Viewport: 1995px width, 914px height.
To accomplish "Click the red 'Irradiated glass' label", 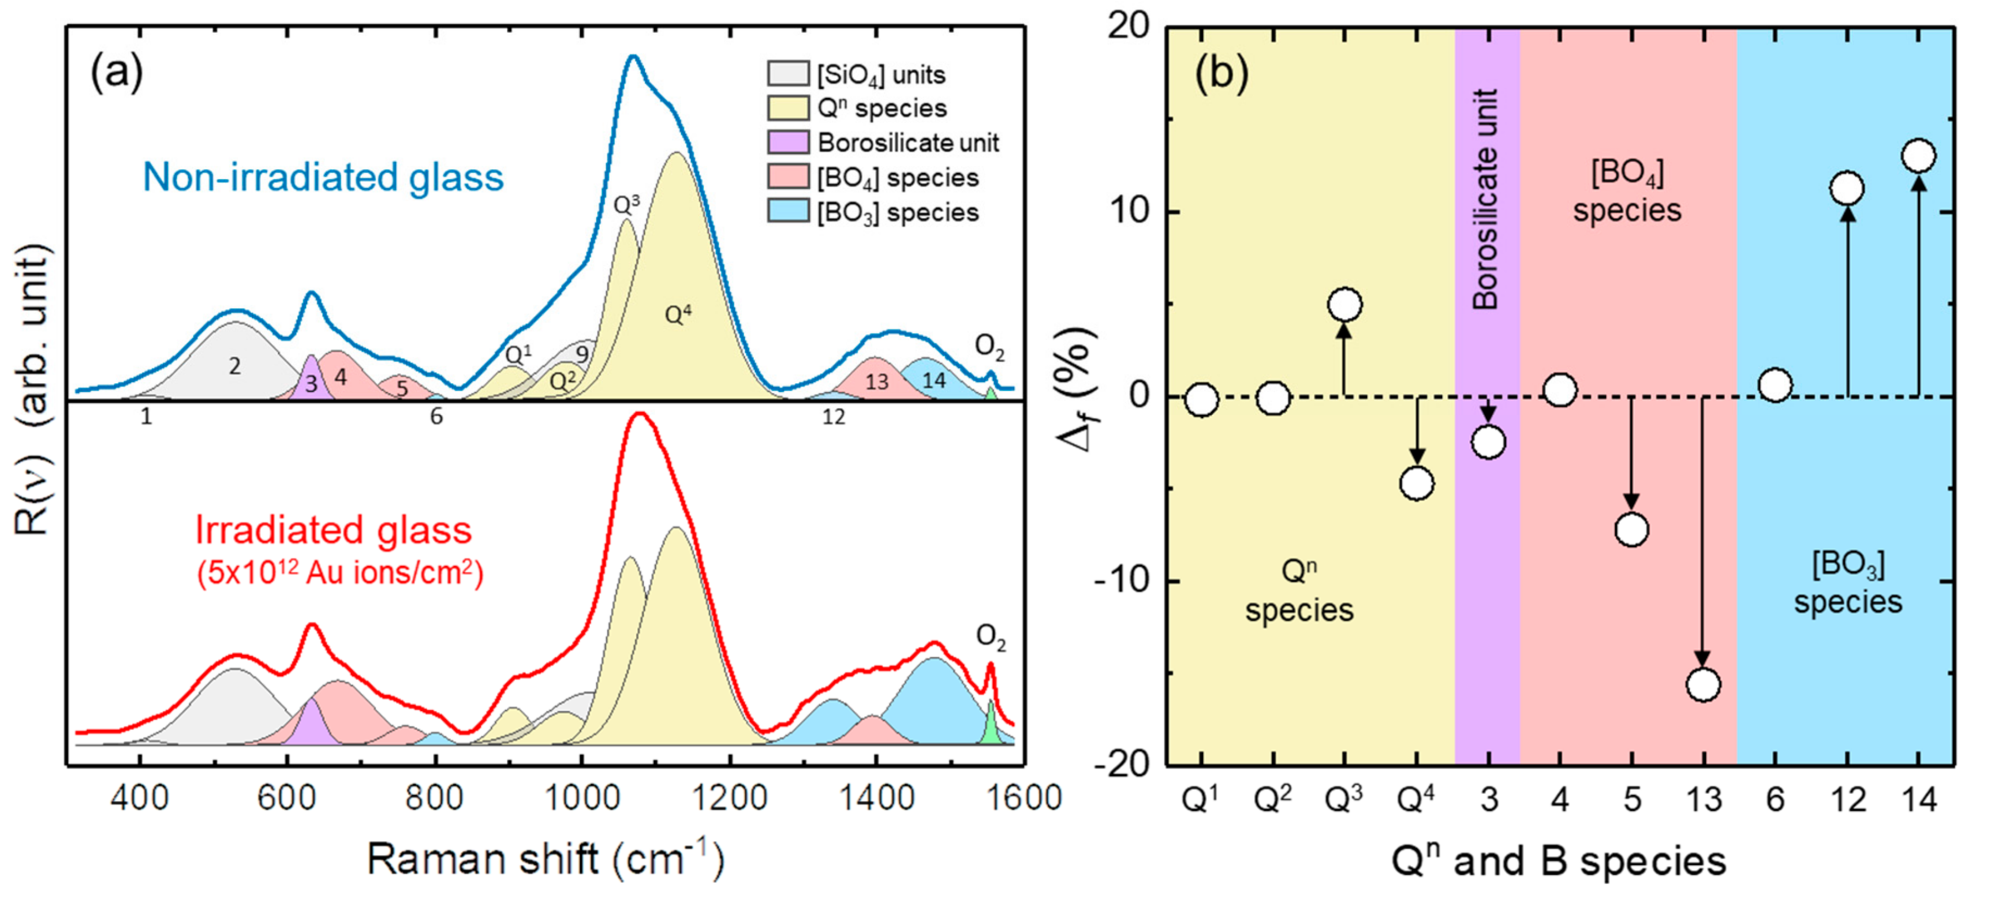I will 334,530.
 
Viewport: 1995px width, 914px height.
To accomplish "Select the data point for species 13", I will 1703,684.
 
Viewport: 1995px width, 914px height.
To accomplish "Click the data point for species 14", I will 1918,156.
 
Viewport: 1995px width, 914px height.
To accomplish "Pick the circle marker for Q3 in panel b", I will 1344,304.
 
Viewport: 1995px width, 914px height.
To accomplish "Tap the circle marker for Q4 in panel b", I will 1417,484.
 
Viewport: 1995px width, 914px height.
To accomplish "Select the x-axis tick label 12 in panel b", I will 1847,799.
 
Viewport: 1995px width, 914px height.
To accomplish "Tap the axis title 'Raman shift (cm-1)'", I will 545,859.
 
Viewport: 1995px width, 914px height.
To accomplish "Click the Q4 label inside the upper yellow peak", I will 678,314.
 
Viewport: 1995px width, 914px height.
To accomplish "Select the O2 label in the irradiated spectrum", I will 991,637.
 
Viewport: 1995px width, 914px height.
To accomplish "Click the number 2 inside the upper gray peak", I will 235,366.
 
